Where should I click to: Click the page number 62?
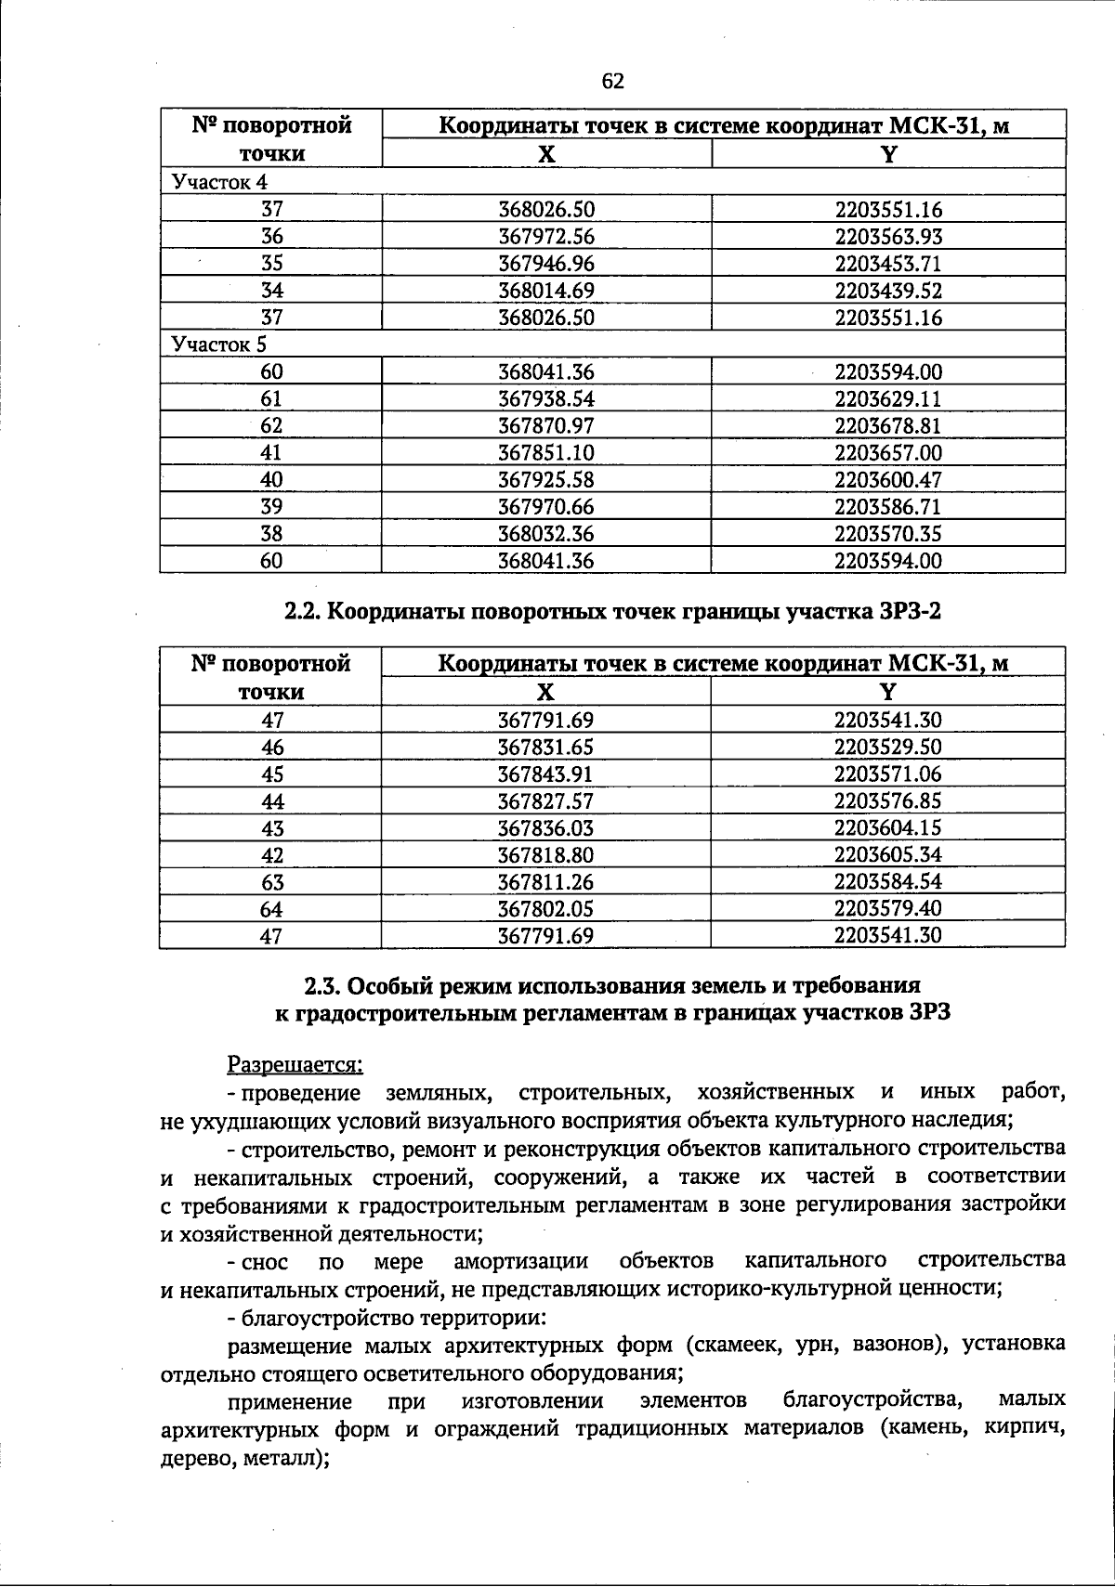point(613,82)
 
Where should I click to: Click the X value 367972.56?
point(546,237)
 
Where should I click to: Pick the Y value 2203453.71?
point(888,264)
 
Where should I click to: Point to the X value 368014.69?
point(546,291)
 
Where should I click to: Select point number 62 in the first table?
point(271,426)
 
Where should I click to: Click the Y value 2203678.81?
point(888,426)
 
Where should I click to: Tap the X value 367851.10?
point(546,453)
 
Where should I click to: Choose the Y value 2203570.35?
point(888,534)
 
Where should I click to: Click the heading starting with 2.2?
point(612,611)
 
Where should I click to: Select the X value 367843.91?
point(545,774)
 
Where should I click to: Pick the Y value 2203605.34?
point(887,854)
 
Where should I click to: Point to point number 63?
point(271,881)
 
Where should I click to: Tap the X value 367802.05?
point(545,908)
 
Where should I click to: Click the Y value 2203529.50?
point(887,747)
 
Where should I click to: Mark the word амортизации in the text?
point(521,1261)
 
